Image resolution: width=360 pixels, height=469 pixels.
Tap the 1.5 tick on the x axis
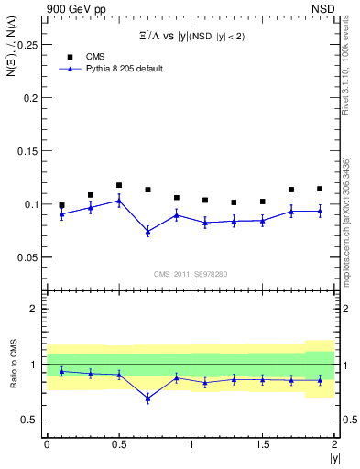[x=262, y=444]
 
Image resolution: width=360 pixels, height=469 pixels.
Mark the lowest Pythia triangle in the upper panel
[x=147, y=232]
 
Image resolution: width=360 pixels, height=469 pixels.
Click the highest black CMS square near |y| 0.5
[x=119, y=185]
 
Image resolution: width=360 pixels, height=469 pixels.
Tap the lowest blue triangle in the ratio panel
[x=147, y=398]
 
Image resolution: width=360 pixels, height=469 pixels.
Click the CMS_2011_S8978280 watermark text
[x=190, y=274]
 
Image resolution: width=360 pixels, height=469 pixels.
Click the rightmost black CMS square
[x=320, y=189]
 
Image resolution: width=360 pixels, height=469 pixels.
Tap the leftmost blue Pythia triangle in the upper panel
[x=61, y=214]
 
